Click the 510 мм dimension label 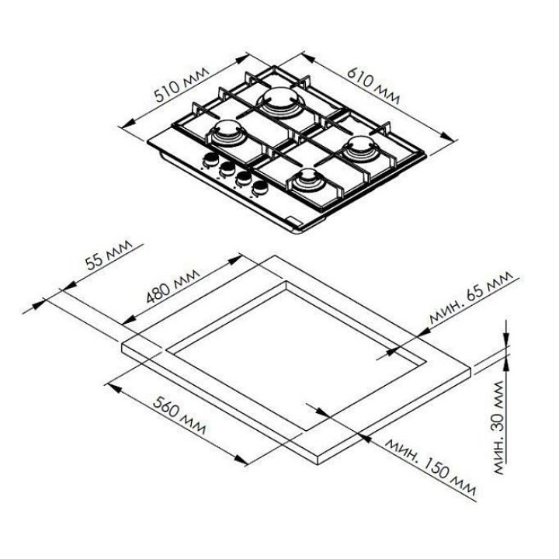(181, 85)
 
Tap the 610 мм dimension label (373, 85)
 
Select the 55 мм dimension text (109, 255)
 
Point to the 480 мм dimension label (173, 286)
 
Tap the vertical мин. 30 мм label (503, 428)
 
